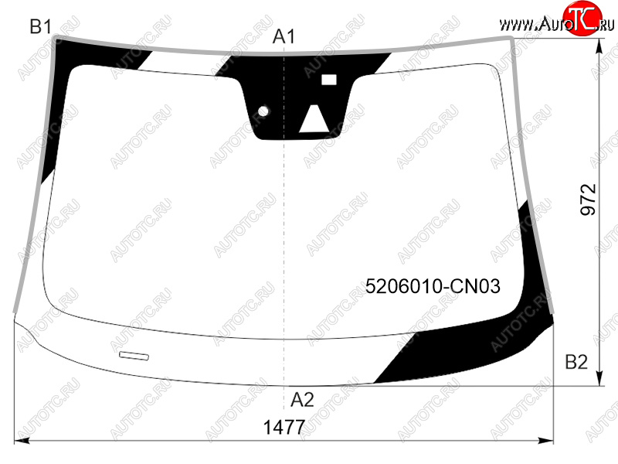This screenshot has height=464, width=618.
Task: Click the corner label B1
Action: [x=41, y=27]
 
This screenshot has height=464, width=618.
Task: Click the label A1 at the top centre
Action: [x=284, y=36]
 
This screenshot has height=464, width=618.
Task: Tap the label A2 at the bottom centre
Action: [x=302, y=400]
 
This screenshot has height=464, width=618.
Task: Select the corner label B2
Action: [x=576, y=361]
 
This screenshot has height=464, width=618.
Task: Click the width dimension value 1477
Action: [x=284, y=427]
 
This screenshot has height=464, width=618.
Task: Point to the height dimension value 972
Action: [x=589, y=200]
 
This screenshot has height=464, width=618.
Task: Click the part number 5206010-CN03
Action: [x=433, y=285]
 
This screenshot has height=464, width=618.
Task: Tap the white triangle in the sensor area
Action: [x=314, y=118]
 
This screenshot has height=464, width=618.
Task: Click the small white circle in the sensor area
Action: [x=263, y=111]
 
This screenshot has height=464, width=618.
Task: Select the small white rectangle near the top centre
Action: [x=329, y=80]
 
